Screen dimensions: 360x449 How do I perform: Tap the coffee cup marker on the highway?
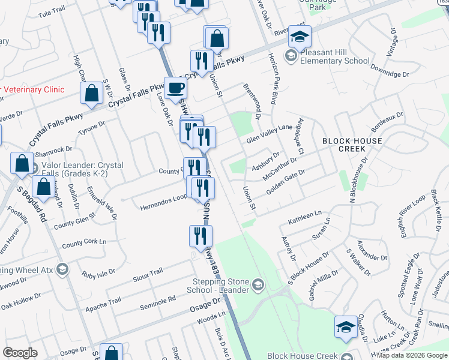click(x=175, y=88)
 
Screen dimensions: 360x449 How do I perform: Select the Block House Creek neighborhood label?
click(x=352, y=145)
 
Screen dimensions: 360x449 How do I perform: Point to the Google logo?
click(x=20, y=353)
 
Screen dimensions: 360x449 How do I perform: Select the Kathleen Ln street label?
click(x=305, y=216)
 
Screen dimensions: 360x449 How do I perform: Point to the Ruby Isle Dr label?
click(x=98, y=274)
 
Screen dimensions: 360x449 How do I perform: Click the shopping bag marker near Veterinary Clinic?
click(x=91, y=94)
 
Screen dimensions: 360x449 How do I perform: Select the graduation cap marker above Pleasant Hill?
click(x=300, y=37)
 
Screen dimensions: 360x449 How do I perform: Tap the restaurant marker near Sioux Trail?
click(x=200, y=236)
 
